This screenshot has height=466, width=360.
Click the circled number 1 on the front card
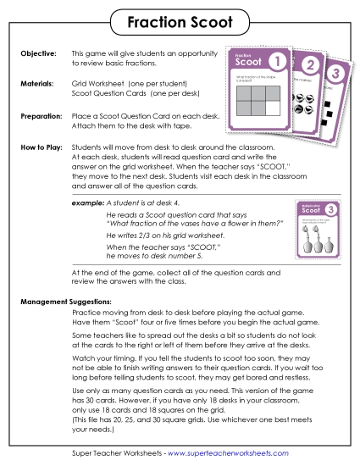click(x=276, y=62)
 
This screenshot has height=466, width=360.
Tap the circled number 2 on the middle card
click(x=309, y=67)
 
